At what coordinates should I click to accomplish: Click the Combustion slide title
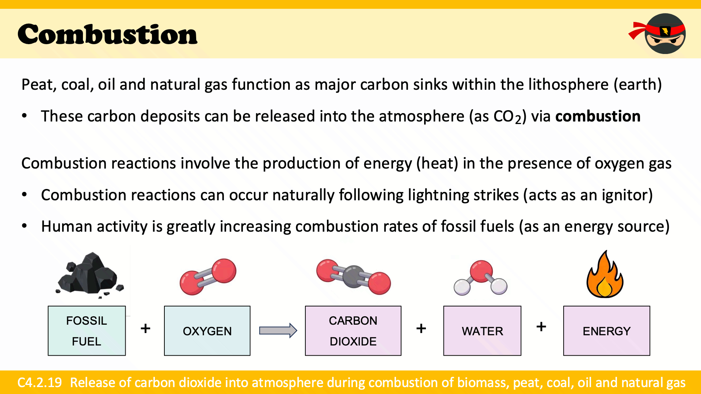tap(107, 34)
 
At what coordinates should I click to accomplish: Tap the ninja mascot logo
tap(658, 34)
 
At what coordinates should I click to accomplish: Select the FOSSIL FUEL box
tap(87, 331)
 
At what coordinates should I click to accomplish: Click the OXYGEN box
tap(207, 331)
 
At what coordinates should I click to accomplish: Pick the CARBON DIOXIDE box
tap(353, 331)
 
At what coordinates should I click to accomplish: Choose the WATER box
tap(482, 331)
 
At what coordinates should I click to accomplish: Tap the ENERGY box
tap(606, 331)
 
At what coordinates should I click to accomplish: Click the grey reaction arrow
tap(278, 331)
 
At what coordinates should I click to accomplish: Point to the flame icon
tap(605, 274)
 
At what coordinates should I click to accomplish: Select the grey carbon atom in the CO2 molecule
tap(353, 277)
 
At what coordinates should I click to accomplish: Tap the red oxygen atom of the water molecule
tap(481, 271)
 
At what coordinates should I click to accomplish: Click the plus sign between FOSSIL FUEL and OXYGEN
tap(145, 328)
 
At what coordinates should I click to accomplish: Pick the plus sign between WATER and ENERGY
tap(541, 327)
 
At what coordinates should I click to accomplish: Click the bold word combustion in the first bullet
tap(598, 116)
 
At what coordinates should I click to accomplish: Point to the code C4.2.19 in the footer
tap(40, 383)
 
